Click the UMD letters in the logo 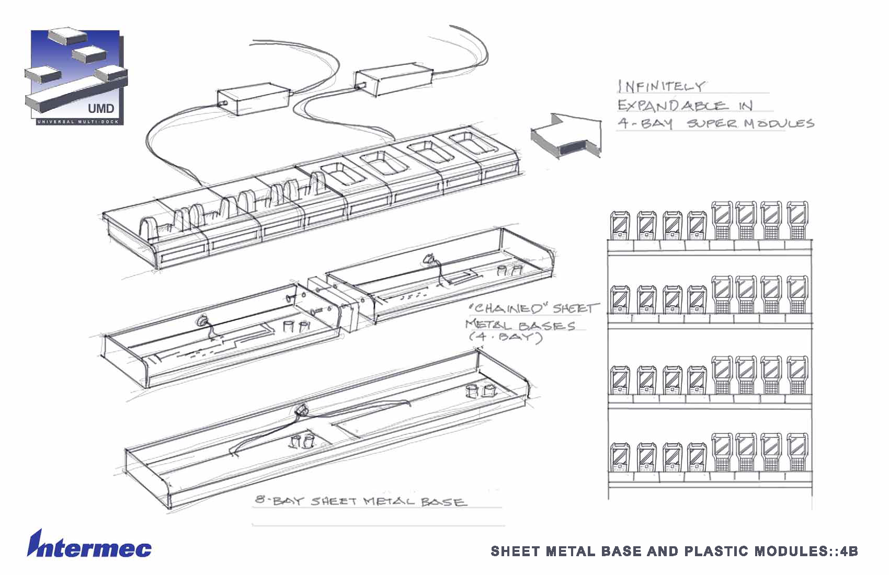tap(101, 109)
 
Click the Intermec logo tap(89, 545)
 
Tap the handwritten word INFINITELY tap(662, 86)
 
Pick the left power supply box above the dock tap(253, 101)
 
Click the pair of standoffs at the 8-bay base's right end tap(481, 390)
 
